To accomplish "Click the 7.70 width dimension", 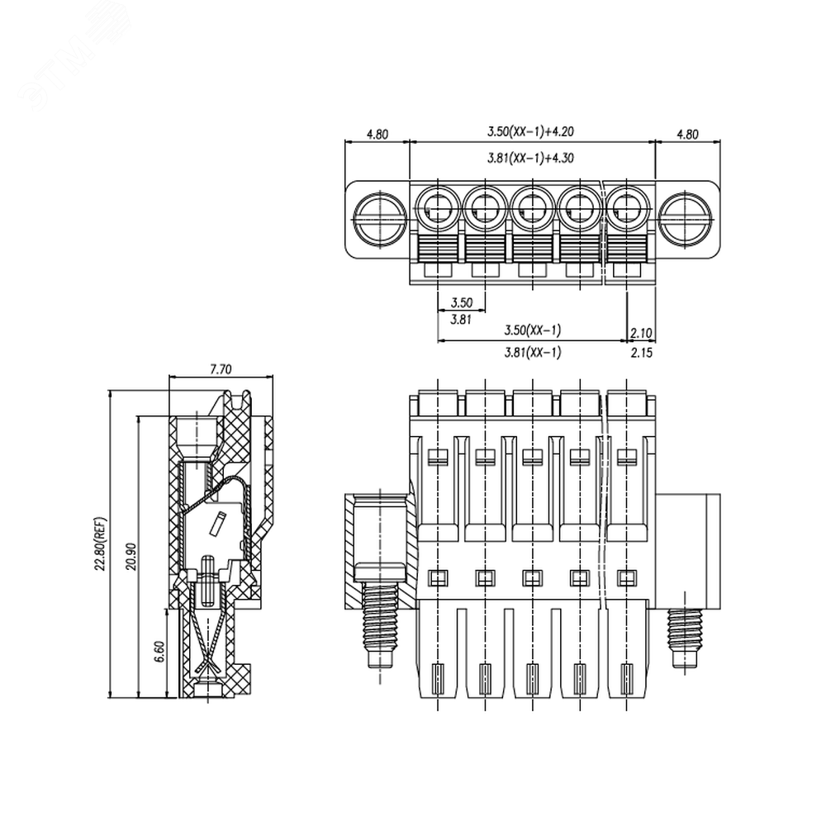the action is tap(221, 369).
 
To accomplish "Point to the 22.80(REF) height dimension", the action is tap(101, 544).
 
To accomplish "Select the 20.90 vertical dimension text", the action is tap(131, 556).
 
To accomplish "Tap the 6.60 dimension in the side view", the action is tap(160, 652).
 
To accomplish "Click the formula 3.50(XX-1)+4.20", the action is tap(530, 131).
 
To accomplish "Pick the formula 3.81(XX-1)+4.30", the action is tap(530, 158).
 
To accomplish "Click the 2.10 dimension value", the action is tap(641, 333).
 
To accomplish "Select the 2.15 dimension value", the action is tap(642, 353).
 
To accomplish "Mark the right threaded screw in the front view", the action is tap(685, 638).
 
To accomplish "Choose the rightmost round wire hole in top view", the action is tap(627, 208).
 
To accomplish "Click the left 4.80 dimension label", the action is tap(377, 135).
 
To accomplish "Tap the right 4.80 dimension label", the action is tap(687, 135).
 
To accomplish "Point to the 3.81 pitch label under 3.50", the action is tap(461, 319).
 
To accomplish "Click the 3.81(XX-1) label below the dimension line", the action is tap(533, 352).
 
